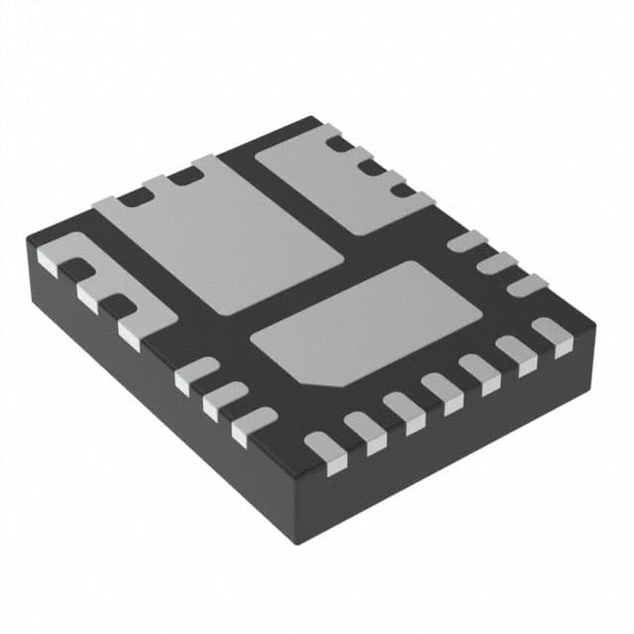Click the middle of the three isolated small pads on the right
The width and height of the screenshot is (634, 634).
[496, 264]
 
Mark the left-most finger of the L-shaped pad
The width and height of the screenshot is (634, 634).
[50, 261]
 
